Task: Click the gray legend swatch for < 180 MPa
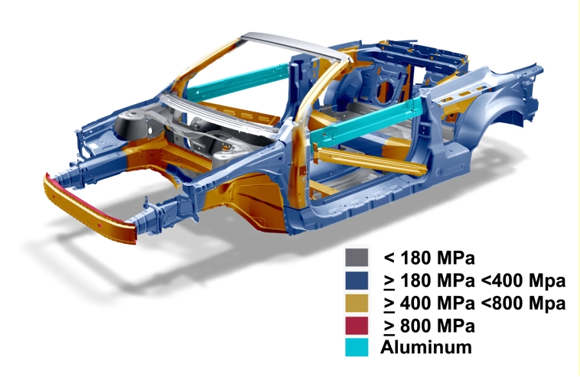click(x=357, y=257)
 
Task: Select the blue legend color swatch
click(x=357, y=280)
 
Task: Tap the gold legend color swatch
click(x=357, y=303)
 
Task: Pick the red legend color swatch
click(x=357, y=326)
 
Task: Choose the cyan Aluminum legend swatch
click(x=357, y=347)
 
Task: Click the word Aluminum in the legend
click(x=426, y=347)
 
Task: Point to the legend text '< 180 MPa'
click(x=429, y=258)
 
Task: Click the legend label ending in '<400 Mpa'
click(x=475, y=281)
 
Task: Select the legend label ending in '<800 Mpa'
click(x=475, y=304)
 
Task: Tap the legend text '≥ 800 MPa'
click(x=429, y=326)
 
